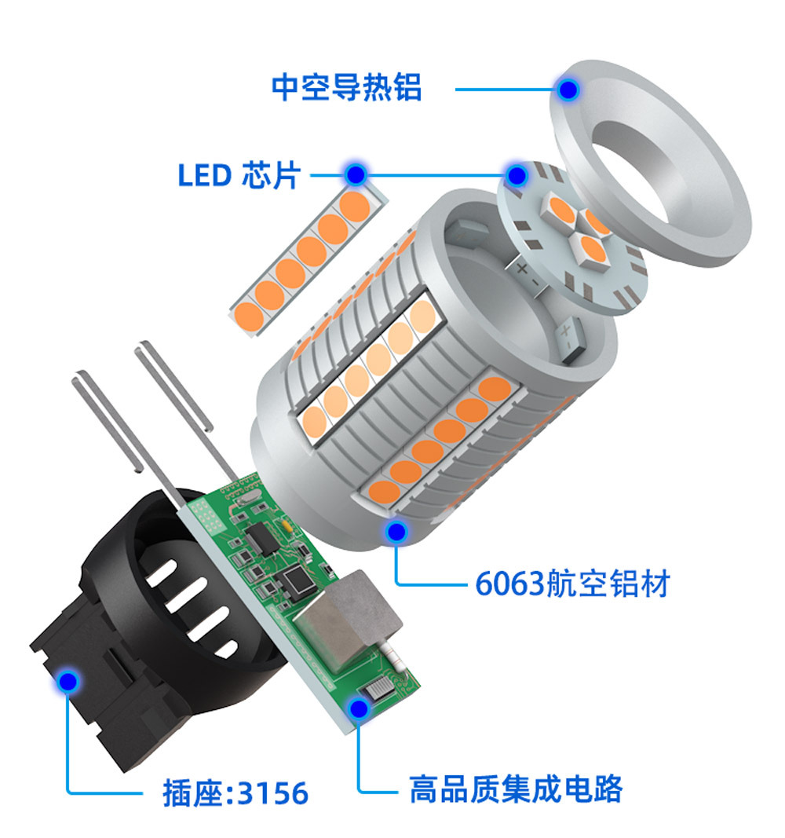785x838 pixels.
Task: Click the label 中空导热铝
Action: [346, 87]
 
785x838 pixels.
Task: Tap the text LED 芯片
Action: [239, 175]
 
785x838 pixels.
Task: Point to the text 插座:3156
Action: [235, 792]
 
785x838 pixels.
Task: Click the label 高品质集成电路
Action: [516, 789]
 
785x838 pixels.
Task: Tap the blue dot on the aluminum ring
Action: [568, 89]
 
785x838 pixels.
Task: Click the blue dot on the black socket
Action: [67, 681]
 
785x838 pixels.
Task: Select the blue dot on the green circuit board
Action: [360, 710]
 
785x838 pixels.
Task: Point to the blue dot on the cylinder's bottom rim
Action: [397, 532]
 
